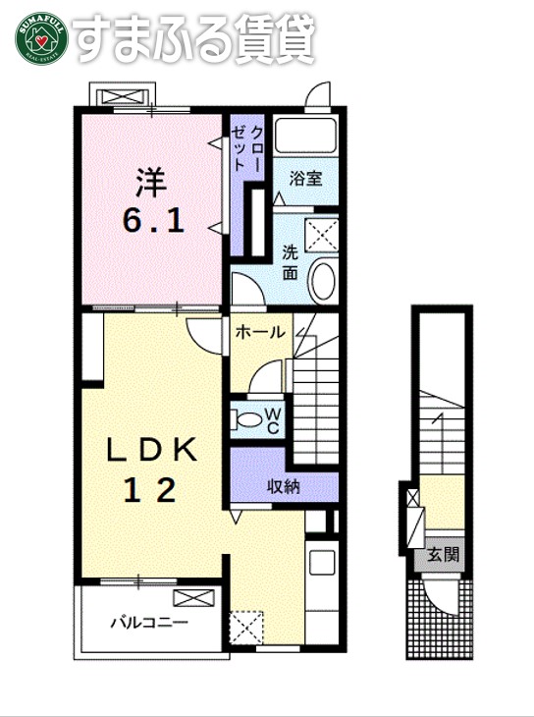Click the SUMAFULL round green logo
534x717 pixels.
(36, 37)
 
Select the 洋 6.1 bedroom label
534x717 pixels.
(152, 202)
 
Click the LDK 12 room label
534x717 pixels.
(152, 468)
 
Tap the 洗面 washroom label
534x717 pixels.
(291, 260)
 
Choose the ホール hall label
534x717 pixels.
(260, 332)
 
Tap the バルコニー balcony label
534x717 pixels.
(148, 622)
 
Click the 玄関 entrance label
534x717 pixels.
(443, 555)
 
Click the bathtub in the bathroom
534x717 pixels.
(305, 137)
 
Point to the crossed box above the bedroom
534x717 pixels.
(123, 95)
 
